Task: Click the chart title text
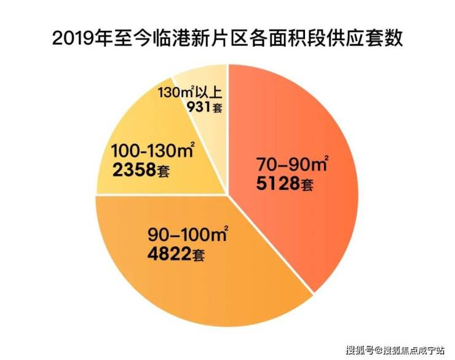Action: (x=228, y=38)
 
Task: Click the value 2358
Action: (x=133, y=169)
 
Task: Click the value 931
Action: (x=197, y=108)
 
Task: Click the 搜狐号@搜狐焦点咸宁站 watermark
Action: (x=397, y=351)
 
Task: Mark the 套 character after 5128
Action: (x=310, y=184)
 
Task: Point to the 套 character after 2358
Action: (x=162, y=170)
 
